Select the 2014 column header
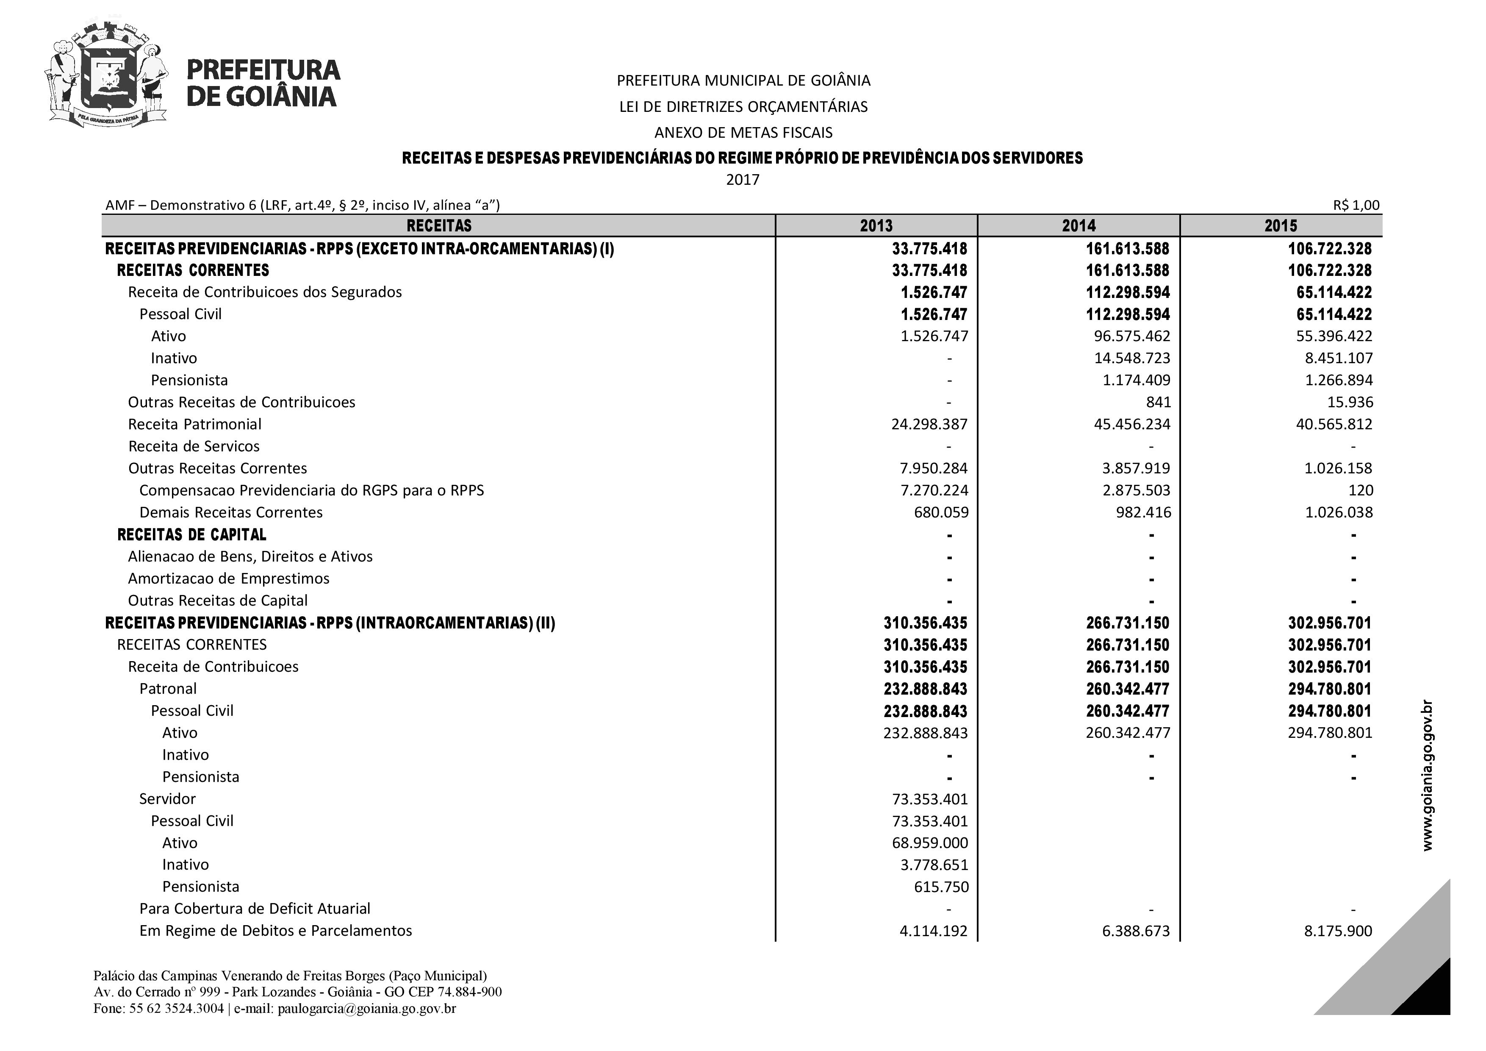[x=1078, y=225]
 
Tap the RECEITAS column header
[x=439, y=225]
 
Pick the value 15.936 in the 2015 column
[x=1350, y=402]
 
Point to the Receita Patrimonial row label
[x=195, y=424]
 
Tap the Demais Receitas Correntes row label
[x=231, y=512]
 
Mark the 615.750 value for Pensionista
[x=941, y=887]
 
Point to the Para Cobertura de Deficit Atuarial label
[x=255, y=909]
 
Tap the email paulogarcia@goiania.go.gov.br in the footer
[x=367, y=1008]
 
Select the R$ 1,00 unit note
[x=1356, y=205]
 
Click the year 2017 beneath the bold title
[x=742, y=179]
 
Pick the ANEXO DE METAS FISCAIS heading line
[x=743, y=133]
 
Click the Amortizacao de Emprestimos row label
[x=228, y=578]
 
